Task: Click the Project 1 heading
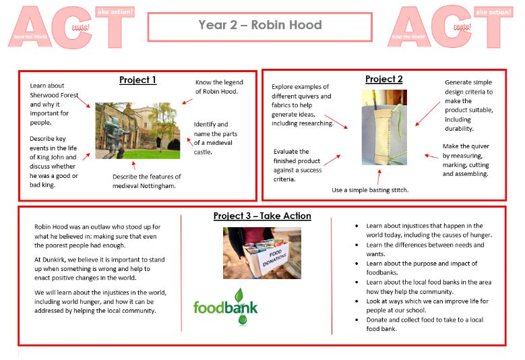click(x=137, y=80)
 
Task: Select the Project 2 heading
click(x=383, y=80)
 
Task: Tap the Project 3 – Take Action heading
click(x=262, y=216)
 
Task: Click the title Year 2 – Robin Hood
click(x=260, y=25)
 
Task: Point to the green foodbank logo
click(x=225, y=307)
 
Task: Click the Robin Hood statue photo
click(x=137, y=131)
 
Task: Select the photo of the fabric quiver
click(x=384, y=127)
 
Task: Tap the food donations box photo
click(x=262, y=253)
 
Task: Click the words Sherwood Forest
click(x=54, y=95)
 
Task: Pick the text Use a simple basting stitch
click(x=370, y=190)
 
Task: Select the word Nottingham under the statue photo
click(x=159, y=186)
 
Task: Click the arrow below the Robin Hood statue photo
click(x=134, y=165)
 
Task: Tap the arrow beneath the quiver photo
click(x=379, y=177)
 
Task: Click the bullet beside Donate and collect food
click(x=357, y=320)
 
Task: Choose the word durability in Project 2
click(x=459, y=129)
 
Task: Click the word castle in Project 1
click(x=203, y=152)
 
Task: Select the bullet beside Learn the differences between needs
click(x=357, y=245)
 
